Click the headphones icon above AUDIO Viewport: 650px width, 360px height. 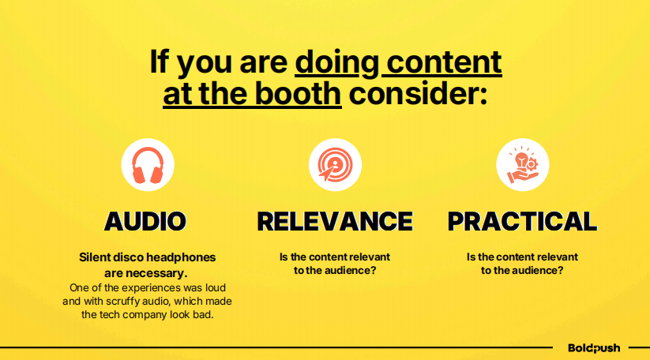[148, 165]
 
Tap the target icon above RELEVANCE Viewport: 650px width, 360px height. [335, 165]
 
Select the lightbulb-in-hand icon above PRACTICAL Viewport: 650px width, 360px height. [522, 165]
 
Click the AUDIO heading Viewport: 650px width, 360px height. [145, 221]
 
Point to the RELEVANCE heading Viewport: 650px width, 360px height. [335, 221]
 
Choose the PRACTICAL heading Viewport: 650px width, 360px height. [522, 221]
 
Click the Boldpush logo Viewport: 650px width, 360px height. [594, 348]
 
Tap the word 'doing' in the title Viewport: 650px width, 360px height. [337, 62]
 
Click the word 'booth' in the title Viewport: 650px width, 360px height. [298, 93]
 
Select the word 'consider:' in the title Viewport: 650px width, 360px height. [418, 93]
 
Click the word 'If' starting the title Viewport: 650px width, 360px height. [160, 62]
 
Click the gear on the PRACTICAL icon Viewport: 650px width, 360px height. [531, 164]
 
